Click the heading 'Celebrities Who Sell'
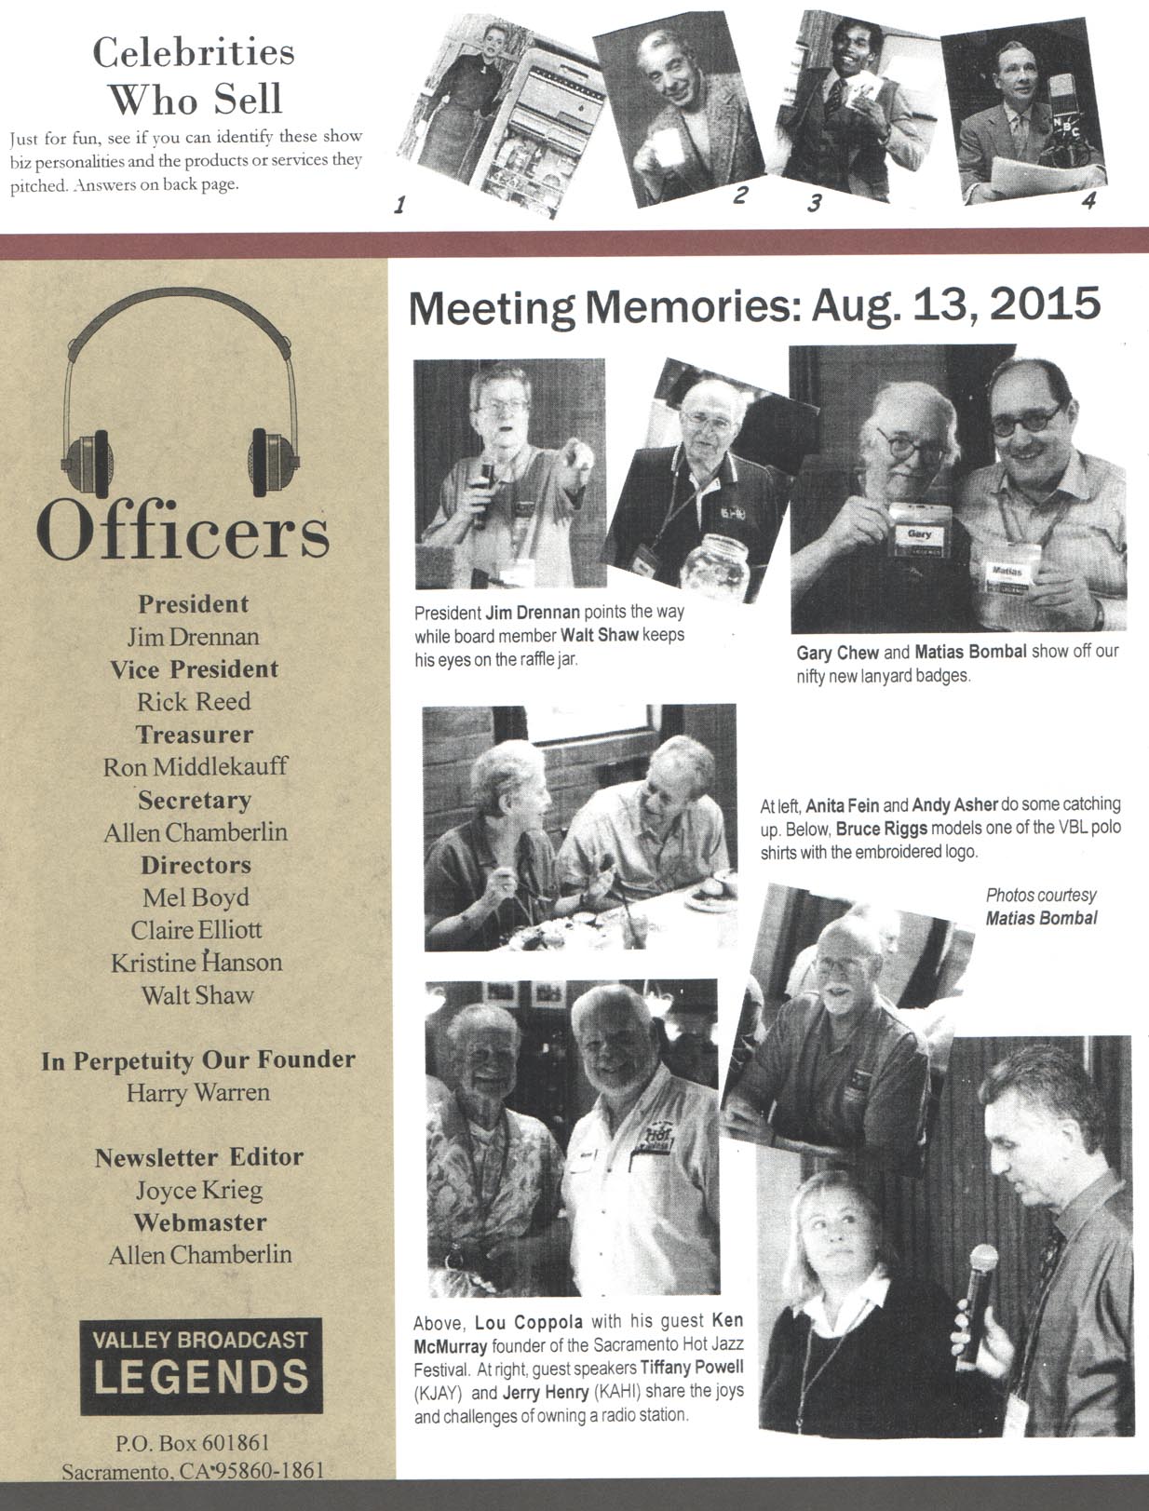(x=194, y=75)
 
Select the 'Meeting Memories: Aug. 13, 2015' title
(x=754, y=306)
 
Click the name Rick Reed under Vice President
(x=194, y=701)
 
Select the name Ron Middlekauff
(x=196, y=766)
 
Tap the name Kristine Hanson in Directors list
(x=196, y=962)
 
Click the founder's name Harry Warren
(x=198, y=1092)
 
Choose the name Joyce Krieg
(x=199, y=1190)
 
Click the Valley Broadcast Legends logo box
(x=201, y=1365)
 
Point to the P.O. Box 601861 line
(x=193, y=1443)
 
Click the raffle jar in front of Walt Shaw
(x=711, y=563)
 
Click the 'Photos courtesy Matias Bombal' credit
(x=1041, y=907)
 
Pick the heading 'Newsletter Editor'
(x=199, y=1157)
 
